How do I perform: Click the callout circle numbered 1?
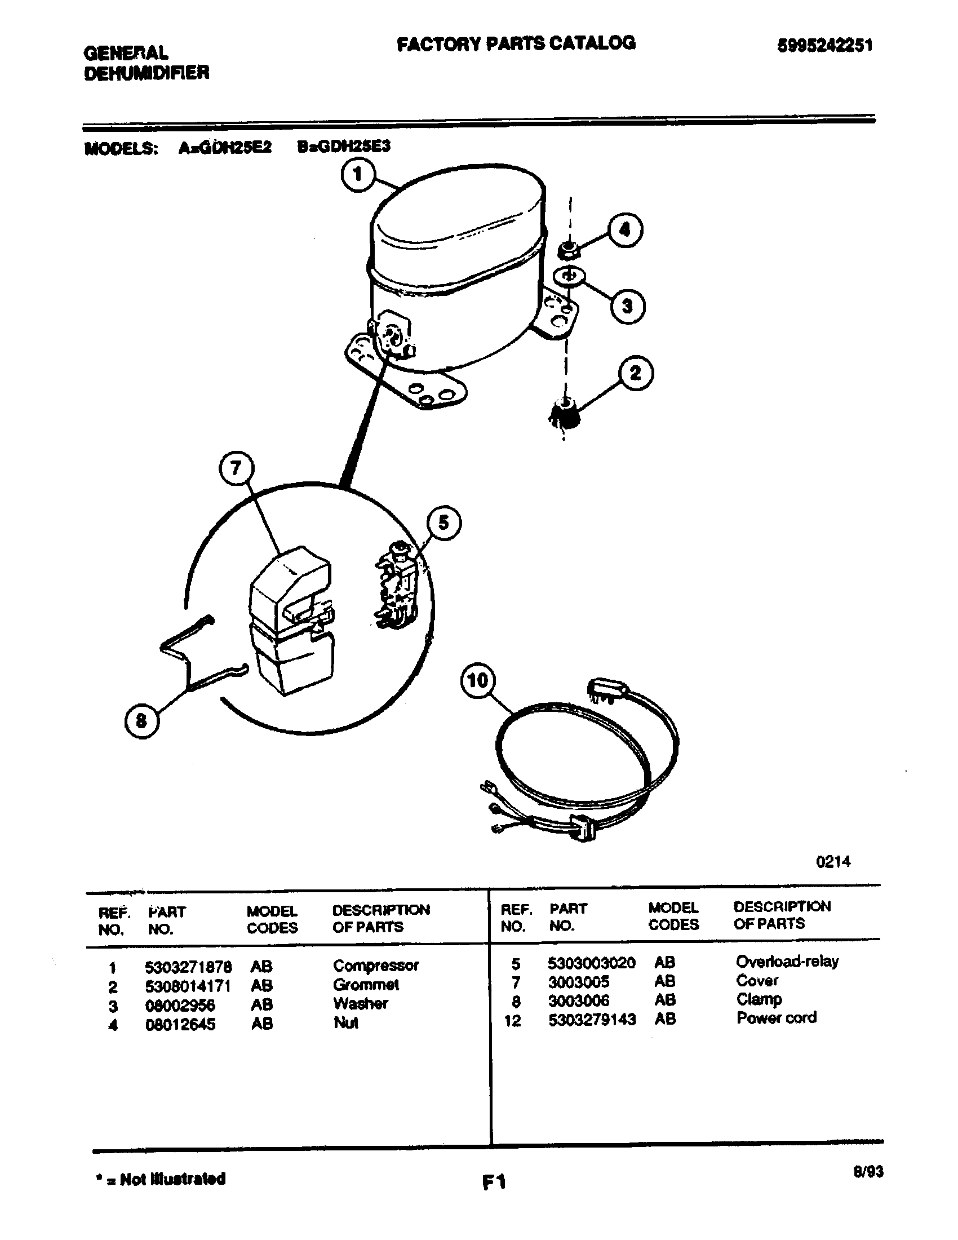pyautogui.click(x=358, y=175)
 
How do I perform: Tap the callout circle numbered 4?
pyautogui.click(x=625, y=229)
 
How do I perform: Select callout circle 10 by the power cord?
pyautogui.click(x=477, y=680)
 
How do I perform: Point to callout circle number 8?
pyautogui.click(x=141, y=721)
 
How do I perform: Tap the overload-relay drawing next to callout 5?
pyautogui.click(x=397, y=585)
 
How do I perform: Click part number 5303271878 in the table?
pyautogui.click(x=188, y=966)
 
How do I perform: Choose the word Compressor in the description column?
pyautogui.click(x=376, y=965)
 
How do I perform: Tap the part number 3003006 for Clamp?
pyautogui.click(x=578, y=1000)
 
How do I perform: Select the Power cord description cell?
pyautogui.click(x=776, y=1017)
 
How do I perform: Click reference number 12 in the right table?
pyautogui.click(x=512, y=1020)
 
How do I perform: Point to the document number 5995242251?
pyautogui.click(x=824, y=46)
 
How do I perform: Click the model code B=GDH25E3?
pyautogui.click(x=343, y=147)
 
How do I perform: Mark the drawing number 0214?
pyautogui.click(x=832, y=861)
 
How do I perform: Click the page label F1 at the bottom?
pyautogui.click(x=494, y=1182)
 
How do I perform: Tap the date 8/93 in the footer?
pyautogui.click(x=868, y=1171)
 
